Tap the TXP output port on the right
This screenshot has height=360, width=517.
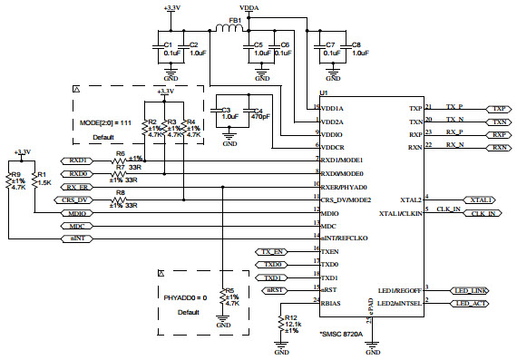click(498, 107)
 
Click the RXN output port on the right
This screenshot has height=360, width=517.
click(498, 147)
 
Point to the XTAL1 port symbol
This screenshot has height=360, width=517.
click(479, 199)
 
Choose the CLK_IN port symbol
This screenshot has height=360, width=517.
click(483, 213)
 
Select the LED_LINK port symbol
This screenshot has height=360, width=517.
click(473, 289)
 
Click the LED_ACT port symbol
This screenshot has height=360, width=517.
click(472, 303)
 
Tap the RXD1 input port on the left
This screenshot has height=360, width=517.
click(78, 160)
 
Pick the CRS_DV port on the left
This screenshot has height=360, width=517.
click(77, 199)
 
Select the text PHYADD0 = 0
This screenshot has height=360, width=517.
click(187, 297)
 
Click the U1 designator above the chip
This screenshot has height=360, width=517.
click(323, 94)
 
